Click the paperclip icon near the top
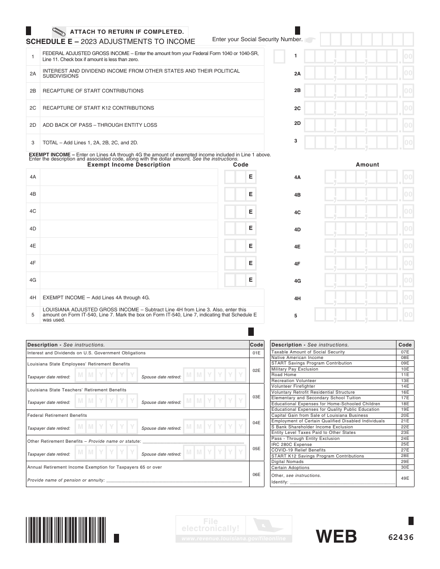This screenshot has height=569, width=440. coord(58,32)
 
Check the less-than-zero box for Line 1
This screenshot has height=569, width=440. coord(279,56)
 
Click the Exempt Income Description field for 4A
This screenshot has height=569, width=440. coord(129,177)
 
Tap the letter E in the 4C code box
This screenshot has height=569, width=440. coord(251,211)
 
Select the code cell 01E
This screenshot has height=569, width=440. coord(256,353)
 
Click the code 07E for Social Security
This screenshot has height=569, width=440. coord(405,352)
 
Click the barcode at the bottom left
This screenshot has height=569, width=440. coord(66,530)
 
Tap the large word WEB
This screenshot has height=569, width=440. coord(336,537)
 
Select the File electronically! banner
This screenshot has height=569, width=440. coord(234,529)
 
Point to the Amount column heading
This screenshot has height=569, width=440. coord(367,165)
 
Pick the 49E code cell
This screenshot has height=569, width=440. coord(405,478)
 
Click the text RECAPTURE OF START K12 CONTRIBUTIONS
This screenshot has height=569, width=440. coord(98,108)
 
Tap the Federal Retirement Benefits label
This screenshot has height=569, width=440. coord(57,415)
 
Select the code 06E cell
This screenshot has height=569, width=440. coord(256,474)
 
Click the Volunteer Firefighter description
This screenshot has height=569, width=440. coord(293,386)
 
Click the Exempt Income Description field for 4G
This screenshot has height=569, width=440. coord(129,280)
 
